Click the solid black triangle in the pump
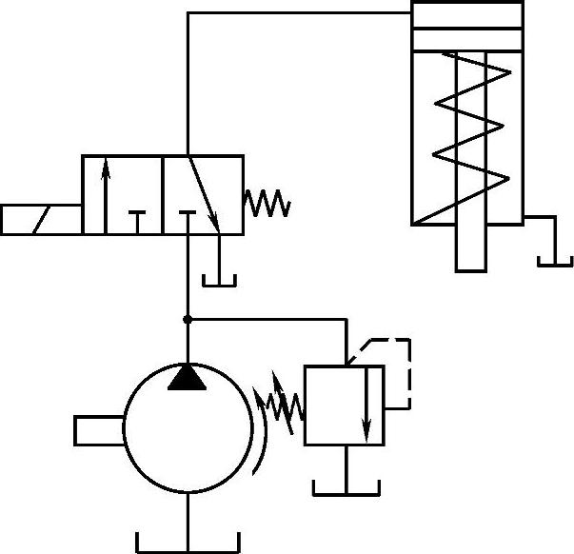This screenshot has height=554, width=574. coord(188,379)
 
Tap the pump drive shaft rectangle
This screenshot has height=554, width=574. coord(99,430)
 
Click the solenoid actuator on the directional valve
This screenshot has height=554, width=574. coord(41,219)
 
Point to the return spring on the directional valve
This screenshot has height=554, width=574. coord(266,203)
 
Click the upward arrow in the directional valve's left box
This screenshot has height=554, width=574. coord(106,194)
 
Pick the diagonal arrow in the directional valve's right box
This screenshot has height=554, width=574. coord(204,194)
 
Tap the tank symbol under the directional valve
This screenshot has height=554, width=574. coord(220,278)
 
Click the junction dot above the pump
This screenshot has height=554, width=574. coord(188,319)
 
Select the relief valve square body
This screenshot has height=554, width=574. coord(343,405)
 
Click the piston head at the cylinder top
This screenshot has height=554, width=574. coord(466,39)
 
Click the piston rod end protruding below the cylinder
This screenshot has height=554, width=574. coord(471,249)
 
